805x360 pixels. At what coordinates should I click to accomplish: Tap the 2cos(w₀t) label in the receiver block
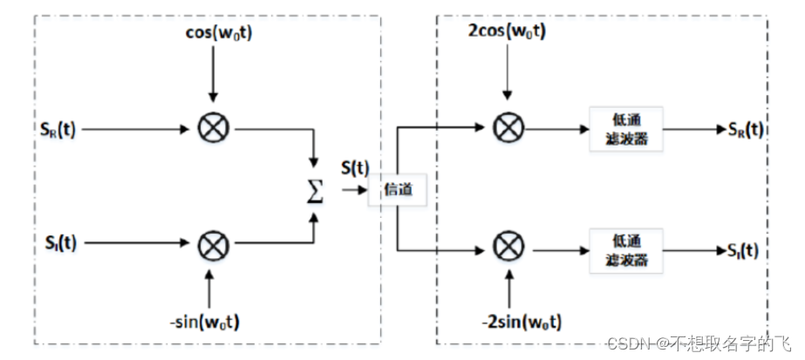click(x=507, y=32)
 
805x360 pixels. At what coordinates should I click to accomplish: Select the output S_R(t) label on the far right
click(x=746, y=128)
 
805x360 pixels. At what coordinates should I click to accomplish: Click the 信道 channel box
click(x=397, y=191)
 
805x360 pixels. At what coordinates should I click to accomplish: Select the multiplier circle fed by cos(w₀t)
click(x=211, y=128)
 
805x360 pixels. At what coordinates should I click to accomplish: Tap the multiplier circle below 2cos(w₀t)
click(x=506, y=127)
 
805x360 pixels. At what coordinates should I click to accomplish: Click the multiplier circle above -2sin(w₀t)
click(x=506, y=248)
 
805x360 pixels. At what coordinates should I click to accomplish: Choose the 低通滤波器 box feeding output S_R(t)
click(x=626, y=129)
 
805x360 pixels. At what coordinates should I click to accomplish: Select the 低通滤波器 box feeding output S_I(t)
click(x=626, y=251)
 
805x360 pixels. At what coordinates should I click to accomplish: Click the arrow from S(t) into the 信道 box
click(x=354, y=190)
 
